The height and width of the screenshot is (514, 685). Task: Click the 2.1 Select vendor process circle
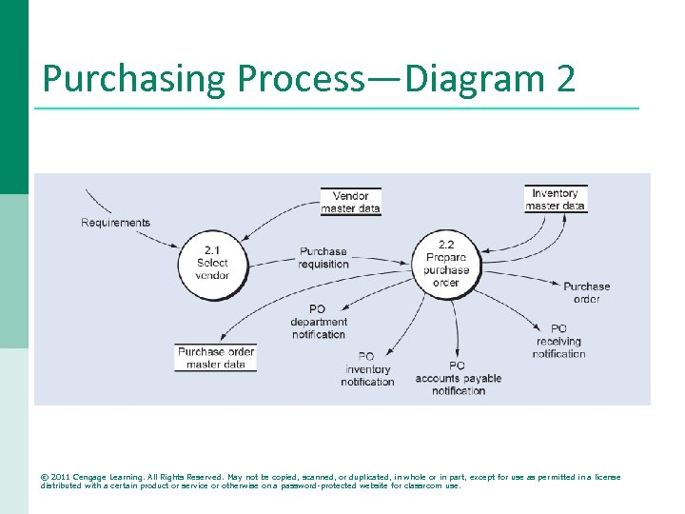tap(212, 262)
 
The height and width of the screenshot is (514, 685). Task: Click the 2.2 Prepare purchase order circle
tap(446, 264)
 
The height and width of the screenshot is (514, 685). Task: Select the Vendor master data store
tap(350, 202)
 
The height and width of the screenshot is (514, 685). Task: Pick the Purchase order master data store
tap(216, 358)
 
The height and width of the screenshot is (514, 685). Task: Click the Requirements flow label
tap(115, 223)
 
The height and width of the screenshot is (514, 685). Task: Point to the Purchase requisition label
tap(323, 258)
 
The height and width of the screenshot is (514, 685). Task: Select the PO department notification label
tap(319, 322)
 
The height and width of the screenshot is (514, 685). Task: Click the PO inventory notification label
tap(367, 369)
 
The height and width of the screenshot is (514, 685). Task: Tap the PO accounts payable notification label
tap(458, 378)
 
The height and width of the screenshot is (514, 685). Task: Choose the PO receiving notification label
tap(558, 341)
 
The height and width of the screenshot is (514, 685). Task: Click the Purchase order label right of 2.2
tap(586, 292)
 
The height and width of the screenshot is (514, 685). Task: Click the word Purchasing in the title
tap(134, 78)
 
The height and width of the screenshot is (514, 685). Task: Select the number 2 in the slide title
tap(565, 78)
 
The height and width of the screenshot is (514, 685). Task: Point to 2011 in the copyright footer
tap(62, 477)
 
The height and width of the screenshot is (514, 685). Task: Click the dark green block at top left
tap(14, 95)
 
